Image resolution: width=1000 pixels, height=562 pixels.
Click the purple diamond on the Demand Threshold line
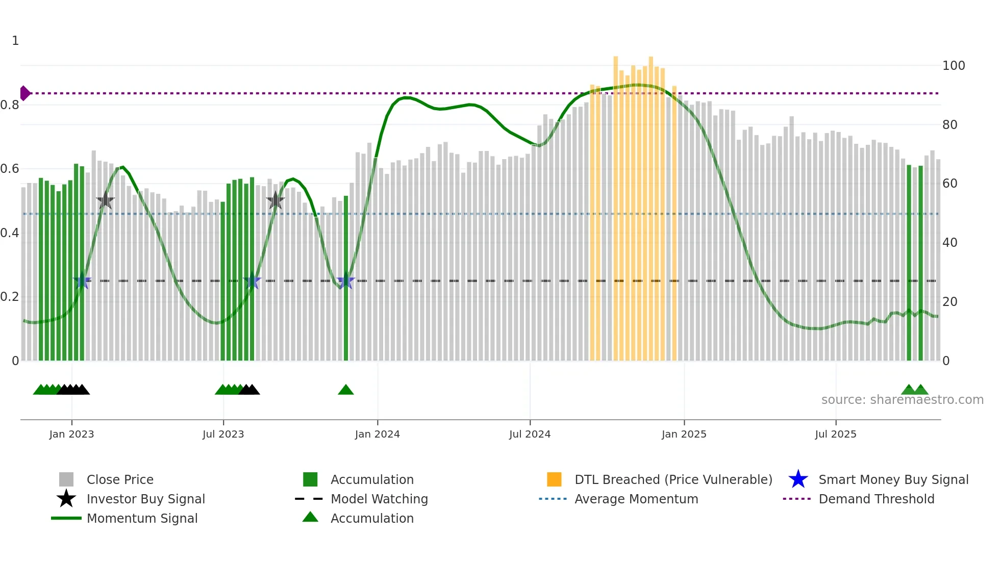tap(24, 93)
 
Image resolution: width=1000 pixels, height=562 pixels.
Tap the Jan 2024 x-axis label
tap(377, 434)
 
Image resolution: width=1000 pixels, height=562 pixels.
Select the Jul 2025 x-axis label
tap(835, 434)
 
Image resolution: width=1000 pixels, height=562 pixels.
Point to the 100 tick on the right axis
tap(953, 66)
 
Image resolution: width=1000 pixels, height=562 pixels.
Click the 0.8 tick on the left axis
tap(10, 105)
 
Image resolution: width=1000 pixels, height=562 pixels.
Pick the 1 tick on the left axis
tap(15, 41)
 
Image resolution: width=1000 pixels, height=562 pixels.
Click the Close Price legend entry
tap(119, 479)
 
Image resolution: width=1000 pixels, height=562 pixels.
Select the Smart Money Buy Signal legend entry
tap(893, 479)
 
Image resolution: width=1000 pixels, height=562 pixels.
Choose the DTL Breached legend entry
tap(673, 479)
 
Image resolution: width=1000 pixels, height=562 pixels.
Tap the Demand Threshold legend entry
tap(876, 499)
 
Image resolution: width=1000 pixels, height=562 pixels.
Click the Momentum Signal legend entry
tap(142, 518)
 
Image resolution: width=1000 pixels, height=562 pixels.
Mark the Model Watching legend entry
tap(379, 499)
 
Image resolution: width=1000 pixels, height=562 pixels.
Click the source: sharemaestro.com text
tap(902, 399)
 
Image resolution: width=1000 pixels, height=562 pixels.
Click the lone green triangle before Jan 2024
tap(346, 390)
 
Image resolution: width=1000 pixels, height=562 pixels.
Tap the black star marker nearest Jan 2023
tap(105, 200)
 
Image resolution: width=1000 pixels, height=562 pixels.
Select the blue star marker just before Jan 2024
tap(346, 280)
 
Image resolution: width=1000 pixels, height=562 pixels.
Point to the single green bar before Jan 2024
tap(346, 278)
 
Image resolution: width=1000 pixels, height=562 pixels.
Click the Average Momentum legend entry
tap(636, 499)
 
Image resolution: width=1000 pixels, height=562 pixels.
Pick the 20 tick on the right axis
tap(949, 301)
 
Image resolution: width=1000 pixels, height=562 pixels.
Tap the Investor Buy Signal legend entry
tap(145, 499)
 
